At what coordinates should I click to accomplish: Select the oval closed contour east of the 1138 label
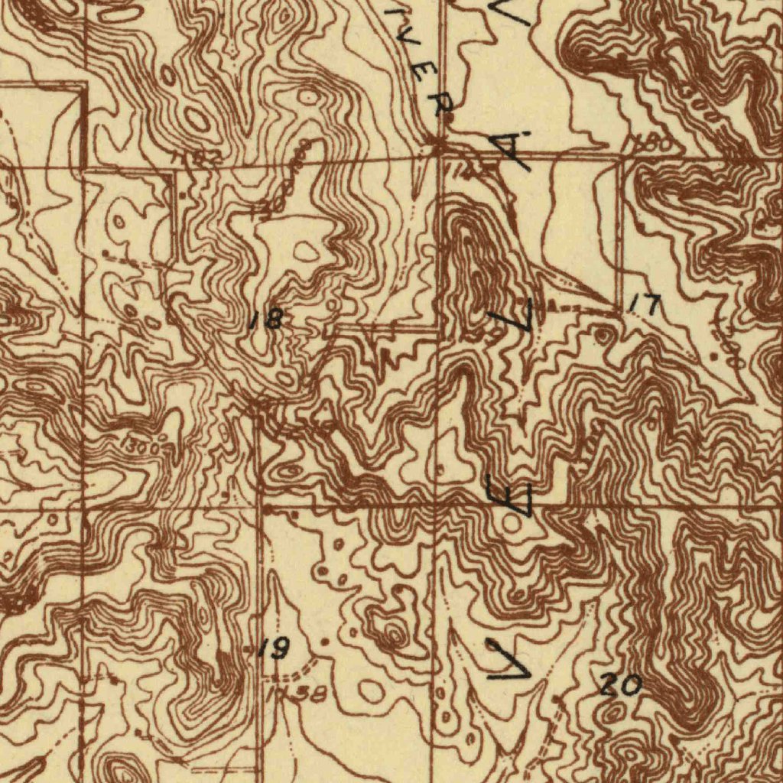click(372, 690)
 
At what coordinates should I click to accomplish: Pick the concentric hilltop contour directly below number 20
click(612, 715)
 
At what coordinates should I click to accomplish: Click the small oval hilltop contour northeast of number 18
click(307, 251)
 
